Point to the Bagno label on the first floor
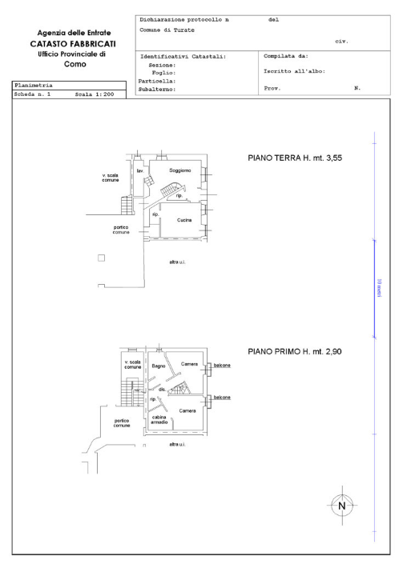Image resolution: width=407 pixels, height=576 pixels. pyautogui.click(x=159, y=366)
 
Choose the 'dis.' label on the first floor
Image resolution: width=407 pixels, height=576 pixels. pyautogui.click(x=162, y=390)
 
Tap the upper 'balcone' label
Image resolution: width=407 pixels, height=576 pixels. pyautogui.click(x=222, y=366)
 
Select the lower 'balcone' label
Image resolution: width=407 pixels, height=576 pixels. pyautogui.click(x=222, y=396)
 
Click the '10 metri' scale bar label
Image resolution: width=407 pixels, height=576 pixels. pyautogui.click(x=378, y=286)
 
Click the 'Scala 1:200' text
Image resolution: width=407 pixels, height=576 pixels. pyautogui.click(x=95, y=94)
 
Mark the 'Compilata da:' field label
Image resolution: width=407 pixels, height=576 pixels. pyautogui.click(x=286, y=57)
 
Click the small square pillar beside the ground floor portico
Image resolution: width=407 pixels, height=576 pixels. pyautogui.click(x=101, y=258)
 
